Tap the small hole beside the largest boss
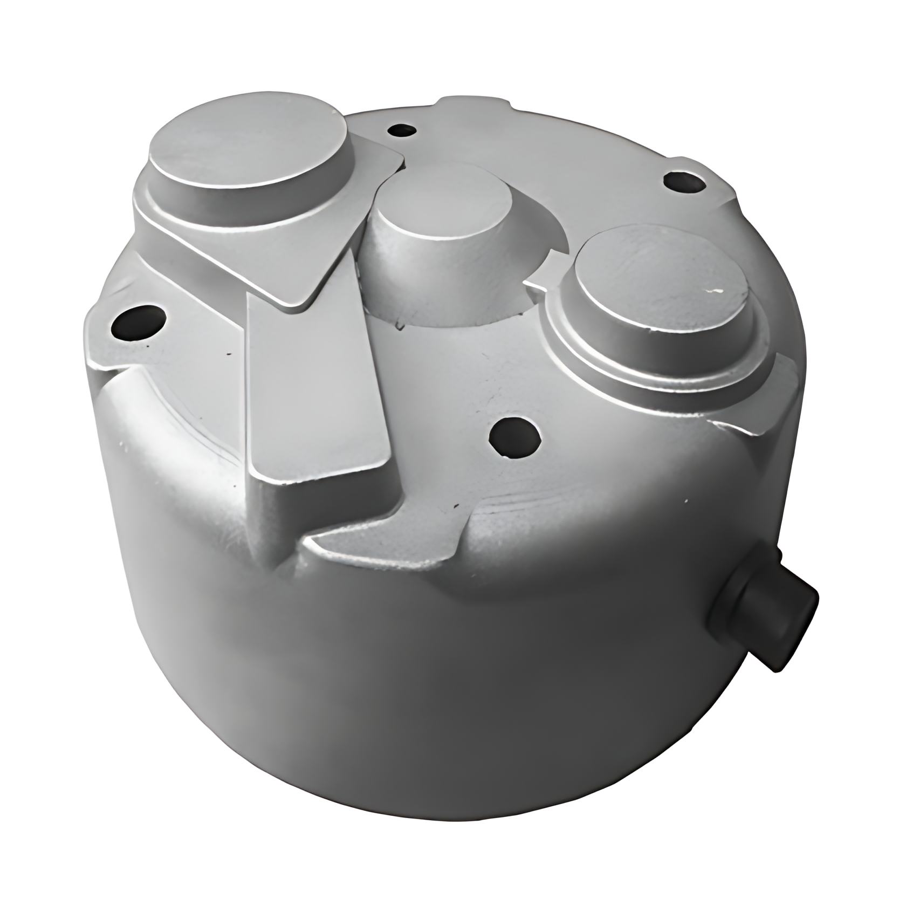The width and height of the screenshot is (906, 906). click(402, 131)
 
